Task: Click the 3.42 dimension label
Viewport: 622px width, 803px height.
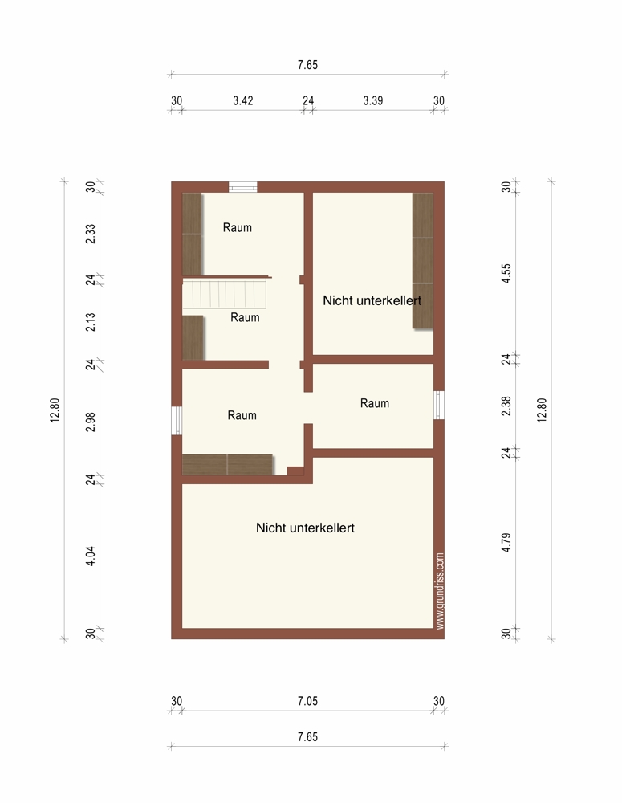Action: click(242, 100)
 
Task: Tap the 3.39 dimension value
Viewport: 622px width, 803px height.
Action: click(372, 100)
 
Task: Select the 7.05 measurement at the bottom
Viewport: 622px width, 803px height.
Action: click(307, 701)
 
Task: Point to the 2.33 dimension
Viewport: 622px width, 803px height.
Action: click(90, 234)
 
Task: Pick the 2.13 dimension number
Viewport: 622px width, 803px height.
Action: click(90, 322)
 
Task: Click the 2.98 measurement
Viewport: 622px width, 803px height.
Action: click(90, 422)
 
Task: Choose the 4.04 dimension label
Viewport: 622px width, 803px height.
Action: click(90, 556)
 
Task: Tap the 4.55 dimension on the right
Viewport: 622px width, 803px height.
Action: click(506, 274)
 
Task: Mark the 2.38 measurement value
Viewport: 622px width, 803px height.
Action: click(506, 406)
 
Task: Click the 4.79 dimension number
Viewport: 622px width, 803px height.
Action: click(506, 543)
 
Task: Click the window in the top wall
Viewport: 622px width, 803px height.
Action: click(242, 187)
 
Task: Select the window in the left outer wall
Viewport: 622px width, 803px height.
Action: click(177, 421)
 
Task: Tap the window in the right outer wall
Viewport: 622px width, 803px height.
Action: click(439, 405)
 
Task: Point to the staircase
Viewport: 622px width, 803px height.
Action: click(226, 292)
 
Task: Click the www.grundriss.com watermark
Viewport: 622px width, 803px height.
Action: click(440, 590)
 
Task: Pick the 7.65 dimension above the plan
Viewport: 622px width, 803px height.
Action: click(307, 65)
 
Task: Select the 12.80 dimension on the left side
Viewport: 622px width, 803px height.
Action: click(55, 410)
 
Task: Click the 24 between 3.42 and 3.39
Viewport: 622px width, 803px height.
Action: click(307, 100)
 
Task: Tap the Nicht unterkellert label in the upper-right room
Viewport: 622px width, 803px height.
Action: click(372, 300)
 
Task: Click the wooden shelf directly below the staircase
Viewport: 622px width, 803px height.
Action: click(193, 337)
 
